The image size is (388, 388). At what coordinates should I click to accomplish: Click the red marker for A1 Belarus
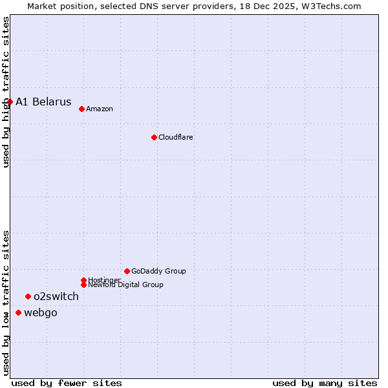10,102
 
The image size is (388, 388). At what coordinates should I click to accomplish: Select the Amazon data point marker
81,109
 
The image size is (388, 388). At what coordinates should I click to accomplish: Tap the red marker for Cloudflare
154,137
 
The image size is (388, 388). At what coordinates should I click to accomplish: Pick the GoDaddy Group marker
127,271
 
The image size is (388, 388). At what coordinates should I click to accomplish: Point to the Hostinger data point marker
83,280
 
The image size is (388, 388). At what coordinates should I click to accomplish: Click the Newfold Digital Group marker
83,285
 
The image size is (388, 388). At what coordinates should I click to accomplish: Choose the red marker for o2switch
28,296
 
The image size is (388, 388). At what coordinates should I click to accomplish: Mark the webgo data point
18,312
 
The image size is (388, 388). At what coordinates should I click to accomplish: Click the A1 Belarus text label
43,102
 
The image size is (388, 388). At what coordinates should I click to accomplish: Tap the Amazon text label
99,109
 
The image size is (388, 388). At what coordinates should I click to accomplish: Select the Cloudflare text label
175,137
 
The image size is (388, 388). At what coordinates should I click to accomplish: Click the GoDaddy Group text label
158,271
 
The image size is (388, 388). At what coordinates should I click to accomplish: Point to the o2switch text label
56,297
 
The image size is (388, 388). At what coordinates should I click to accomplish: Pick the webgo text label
41,313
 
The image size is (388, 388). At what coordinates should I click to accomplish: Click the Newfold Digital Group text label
125,285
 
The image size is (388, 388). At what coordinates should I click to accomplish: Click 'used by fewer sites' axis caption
67,383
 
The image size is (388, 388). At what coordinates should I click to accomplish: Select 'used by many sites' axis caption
325,383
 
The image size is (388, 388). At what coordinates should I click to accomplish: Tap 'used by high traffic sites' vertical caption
6,92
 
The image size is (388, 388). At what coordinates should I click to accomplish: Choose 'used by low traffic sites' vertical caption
6,303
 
